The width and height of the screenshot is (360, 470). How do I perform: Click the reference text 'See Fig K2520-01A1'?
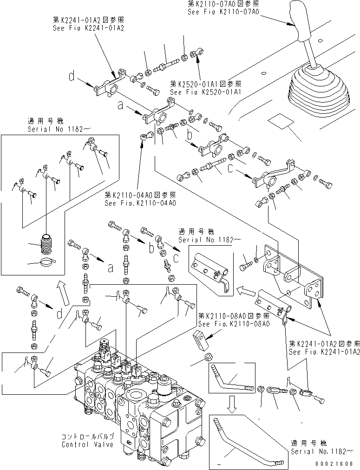click(x=205, y=92)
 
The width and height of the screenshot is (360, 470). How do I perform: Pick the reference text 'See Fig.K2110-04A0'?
click(x=141, y=203)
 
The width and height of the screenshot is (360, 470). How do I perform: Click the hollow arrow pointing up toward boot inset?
click(x=64, y=294)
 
